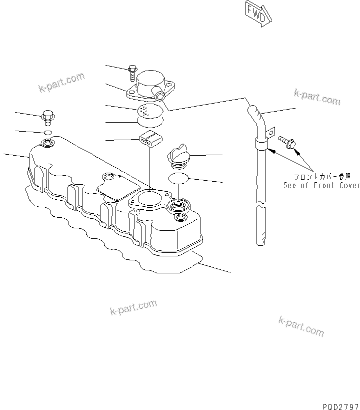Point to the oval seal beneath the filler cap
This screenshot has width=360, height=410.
178,178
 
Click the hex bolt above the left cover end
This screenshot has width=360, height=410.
48,117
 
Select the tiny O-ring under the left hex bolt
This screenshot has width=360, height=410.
48,132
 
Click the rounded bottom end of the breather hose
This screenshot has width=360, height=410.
259,241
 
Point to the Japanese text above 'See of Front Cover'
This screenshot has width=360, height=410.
322,176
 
